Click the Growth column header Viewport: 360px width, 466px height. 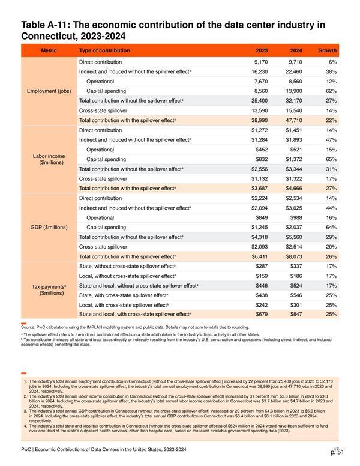[328, 50]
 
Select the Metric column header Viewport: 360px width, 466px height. [49, 50]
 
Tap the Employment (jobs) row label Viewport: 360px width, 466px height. [49, 91]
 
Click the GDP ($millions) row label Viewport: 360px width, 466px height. [49, 228]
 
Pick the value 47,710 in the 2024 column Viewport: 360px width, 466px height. [294, 120]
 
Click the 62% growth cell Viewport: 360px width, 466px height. [331, 91]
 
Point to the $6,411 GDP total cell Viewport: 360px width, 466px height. [260, 256]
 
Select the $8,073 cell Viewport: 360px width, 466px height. [294, 256]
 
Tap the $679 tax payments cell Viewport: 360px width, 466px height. [262, 315]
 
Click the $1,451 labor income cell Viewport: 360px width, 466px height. [294, 130]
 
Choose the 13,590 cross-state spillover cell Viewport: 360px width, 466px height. [260, 110]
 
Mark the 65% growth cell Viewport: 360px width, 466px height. [331, 159]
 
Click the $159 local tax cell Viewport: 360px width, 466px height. [262, 276]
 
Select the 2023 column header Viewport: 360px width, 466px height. [262, 50]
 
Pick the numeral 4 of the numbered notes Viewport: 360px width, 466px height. [25, 426]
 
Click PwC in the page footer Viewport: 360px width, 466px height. [26, 449]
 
